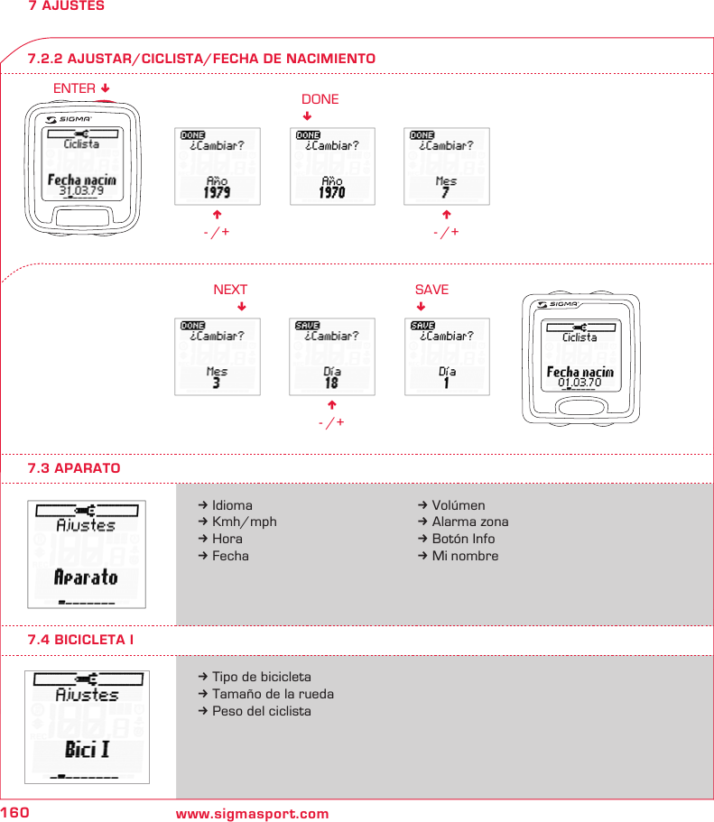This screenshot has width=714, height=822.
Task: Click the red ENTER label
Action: pyautogui.click(x=75, y=88)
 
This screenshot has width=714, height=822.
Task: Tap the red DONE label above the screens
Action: pyautogui.click(x=320, y=99)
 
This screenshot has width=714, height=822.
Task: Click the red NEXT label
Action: pyautogui.click(x=229, y=290)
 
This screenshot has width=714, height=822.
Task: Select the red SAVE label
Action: pyautogui.click(x=431, y=290)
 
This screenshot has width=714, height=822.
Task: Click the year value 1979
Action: pyautogui.click(x=217, y=192)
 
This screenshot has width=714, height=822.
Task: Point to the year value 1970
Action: pyautogui.click(x=332, y=192)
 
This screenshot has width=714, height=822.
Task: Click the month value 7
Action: pyautogui.click(x=446, y=193)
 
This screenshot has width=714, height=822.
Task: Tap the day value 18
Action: pyautogui.click(x=331, y=383)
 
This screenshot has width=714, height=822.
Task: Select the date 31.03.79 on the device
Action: pyautogui.click(x=81, y=191)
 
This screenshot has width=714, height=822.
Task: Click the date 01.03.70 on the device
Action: pyautogui.click(x=580, y=383)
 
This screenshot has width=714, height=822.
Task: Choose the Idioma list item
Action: pyautogui.click(x=232, y=505)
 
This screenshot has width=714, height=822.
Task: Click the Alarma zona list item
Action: pyautogui.click(x=469, y=522)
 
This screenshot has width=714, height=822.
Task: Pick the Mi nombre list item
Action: pyautogui.click(x=464, y=556)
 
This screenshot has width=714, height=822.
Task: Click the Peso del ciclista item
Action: pyautogui.click(x=261, y=711)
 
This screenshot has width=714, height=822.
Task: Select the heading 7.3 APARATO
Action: pyautogui.click(x=74, y=468)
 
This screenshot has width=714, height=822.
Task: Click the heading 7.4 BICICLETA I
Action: pyautogui.click(x=81, y=639)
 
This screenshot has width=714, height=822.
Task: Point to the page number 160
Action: pyautogui.click(x=15, y=813)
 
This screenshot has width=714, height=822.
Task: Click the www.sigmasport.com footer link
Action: pyautogui.click(x=252, y=814)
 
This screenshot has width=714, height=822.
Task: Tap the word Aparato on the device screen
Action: pyautogui.click(x=86, y=577)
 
